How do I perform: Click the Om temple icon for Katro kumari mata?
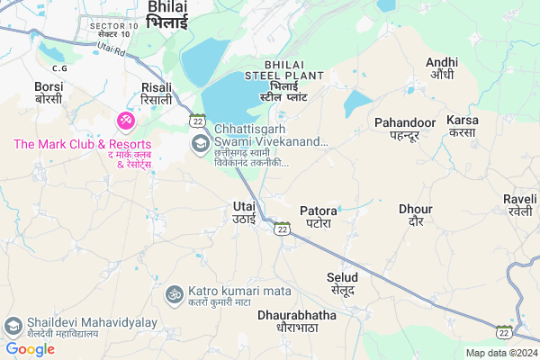(173, 293)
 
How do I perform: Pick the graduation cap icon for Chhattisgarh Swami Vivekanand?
(197, 143)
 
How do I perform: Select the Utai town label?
(244, 212)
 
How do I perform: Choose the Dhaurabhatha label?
(296, 322)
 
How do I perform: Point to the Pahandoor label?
(405, 129)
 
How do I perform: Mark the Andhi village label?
(442, 68)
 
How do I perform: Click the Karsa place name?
(463, 126)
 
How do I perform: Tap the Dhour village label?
(416, 215)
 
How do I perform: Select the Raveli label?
(519, 205)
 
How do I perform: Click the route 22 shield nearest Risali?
(197, 120)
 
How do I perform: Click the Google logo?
(30, 348)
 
